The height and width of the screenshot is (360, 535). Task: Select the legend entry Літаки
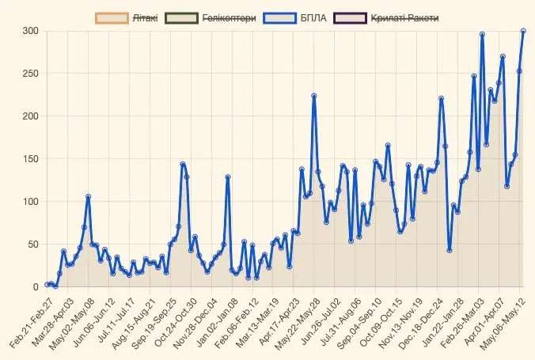coord(145,17)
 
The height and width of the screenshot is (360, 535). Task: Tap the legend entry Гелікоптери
coord(229,17)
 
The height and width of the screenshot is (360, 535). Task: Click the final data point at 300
coord(523,31)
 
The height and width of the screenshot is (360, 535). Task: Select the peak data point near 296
coord(482,34)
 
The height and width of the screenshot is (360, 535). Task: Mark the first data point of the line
coord(47,284)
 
